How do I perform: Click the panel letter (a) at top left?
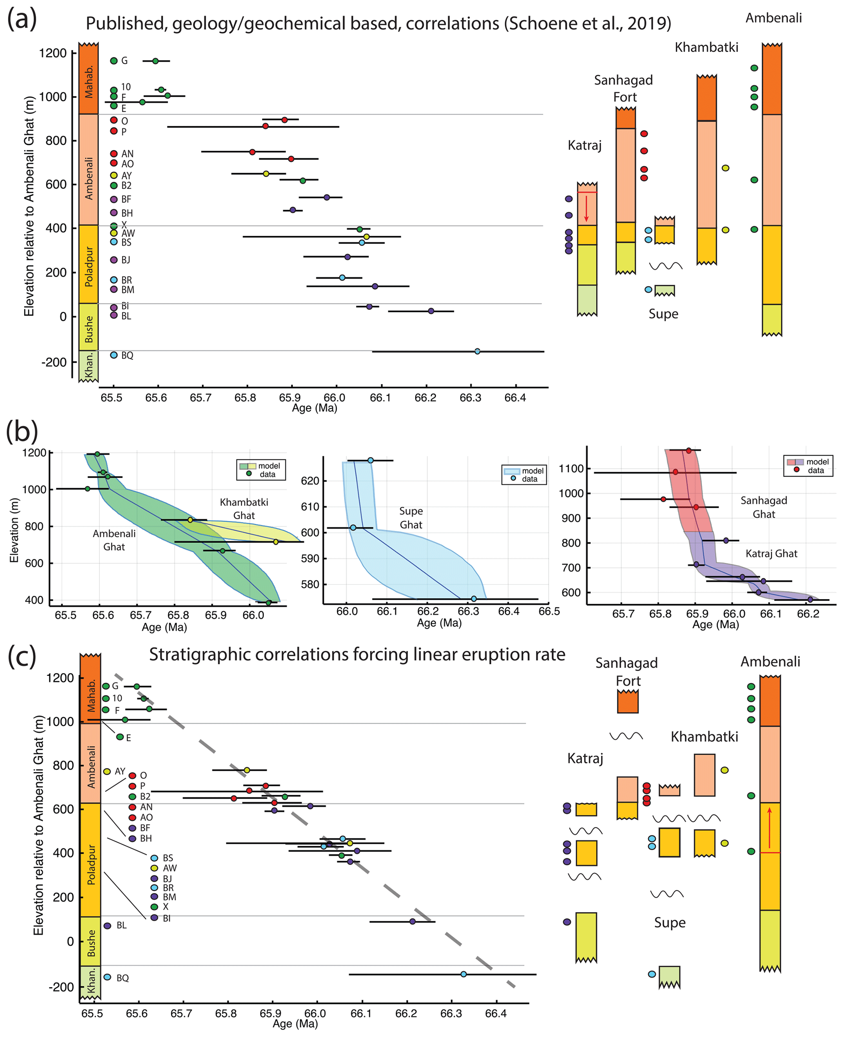click(x=22, y=20)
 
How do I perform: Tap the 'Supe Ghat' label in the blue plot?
click(x=411, y=517)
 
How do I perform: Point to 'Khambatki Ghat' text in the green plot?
click(x=244, y=508)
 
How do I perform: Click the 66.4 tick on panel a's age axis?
click(x=514, y=398)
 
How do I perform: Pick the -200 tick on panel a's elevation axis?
click(x=54, y=362)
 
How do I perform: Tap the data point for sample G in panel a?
click(x=155, y=61)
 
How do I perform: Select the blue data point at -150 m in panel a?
click(x=477, y=351)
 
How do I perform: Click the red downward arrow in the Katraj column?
click(x=586, y=208)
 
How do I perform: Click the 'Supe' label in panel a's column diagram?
click(x=663, y=314)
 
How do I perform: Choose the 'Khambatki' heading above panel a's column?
click(x=706, y=48)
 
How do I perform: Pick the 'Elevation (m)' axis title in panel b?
click(x=14, y=530)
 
